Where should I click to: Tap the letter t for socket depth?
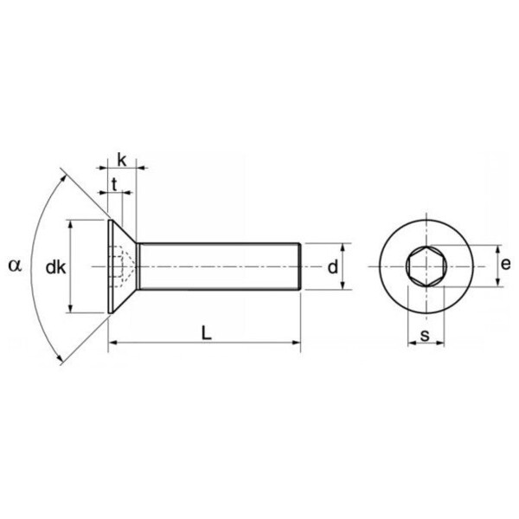[115, 183]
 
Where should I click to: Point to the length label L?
[204, 332]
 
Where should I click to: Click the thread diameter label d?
[331, 267]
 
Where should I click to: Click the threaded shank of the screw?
[221, 266]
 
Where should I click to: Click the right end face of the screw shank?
[300, 266]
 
